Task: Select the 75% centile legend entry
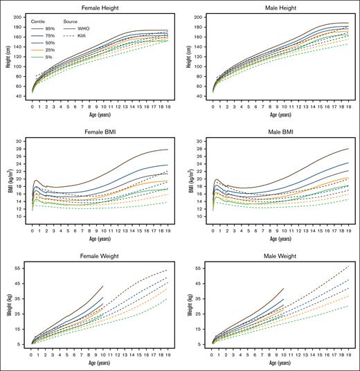tap(51, 36)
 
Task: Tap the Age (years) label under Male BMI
tap(271, 237)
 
